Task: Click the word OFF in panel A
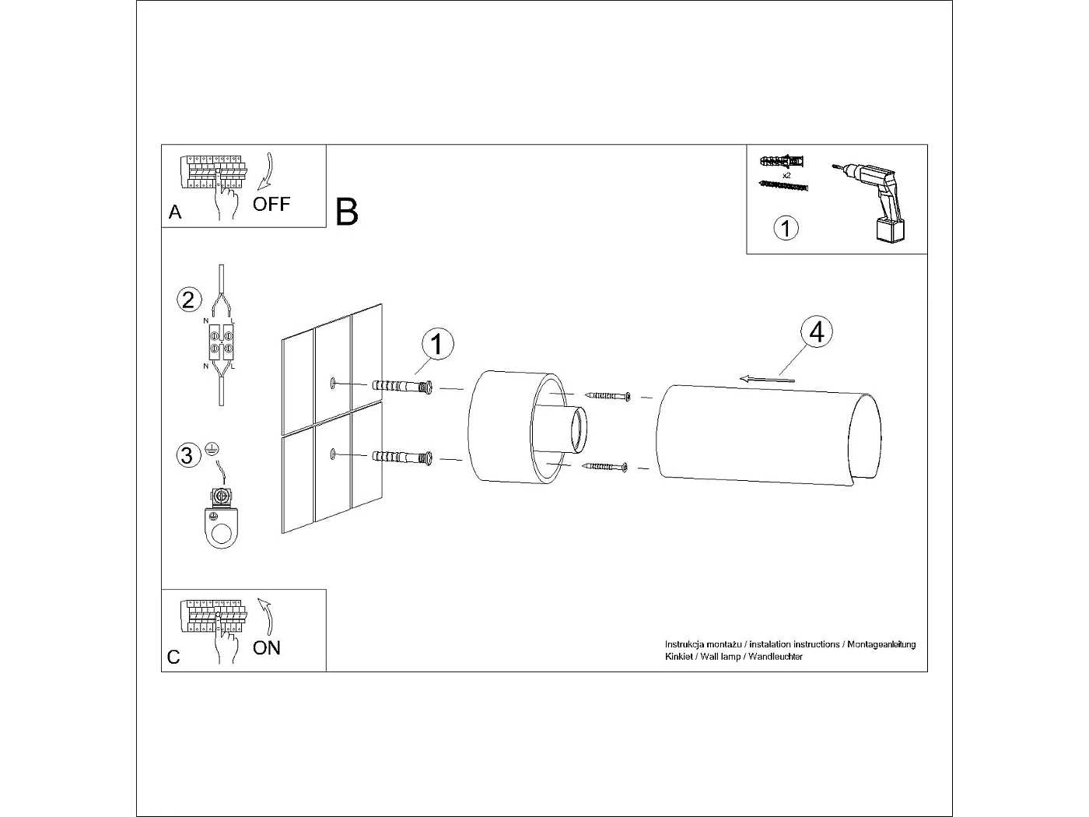(x=271, y=205)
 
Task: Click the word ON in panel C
(x=267, y=648)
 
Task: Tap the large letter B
(x=347, y=212)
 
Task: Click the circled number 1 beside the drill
(x=786, y=228)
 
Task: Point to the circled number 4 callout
(x=816, y=331)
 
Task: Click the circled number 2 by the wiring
(x=189, y=300)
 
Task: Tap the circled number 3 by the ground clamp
(x=187, y=454)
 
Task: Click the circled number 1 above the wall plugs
(x=437, y=344)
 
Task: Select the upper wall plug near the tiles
(x=403, y=386)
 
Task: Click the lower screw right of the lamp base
(x=605, y=467)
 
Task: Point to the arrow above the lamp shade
(x=767, y=379)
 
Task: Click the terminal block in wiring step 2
(x=220, y=343)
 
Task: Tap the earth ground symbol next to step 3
(x=211, y=449)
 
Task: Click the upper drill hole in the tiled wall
(x=333, y=382)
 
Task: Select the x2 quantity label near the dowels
(x=786, y=176)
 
